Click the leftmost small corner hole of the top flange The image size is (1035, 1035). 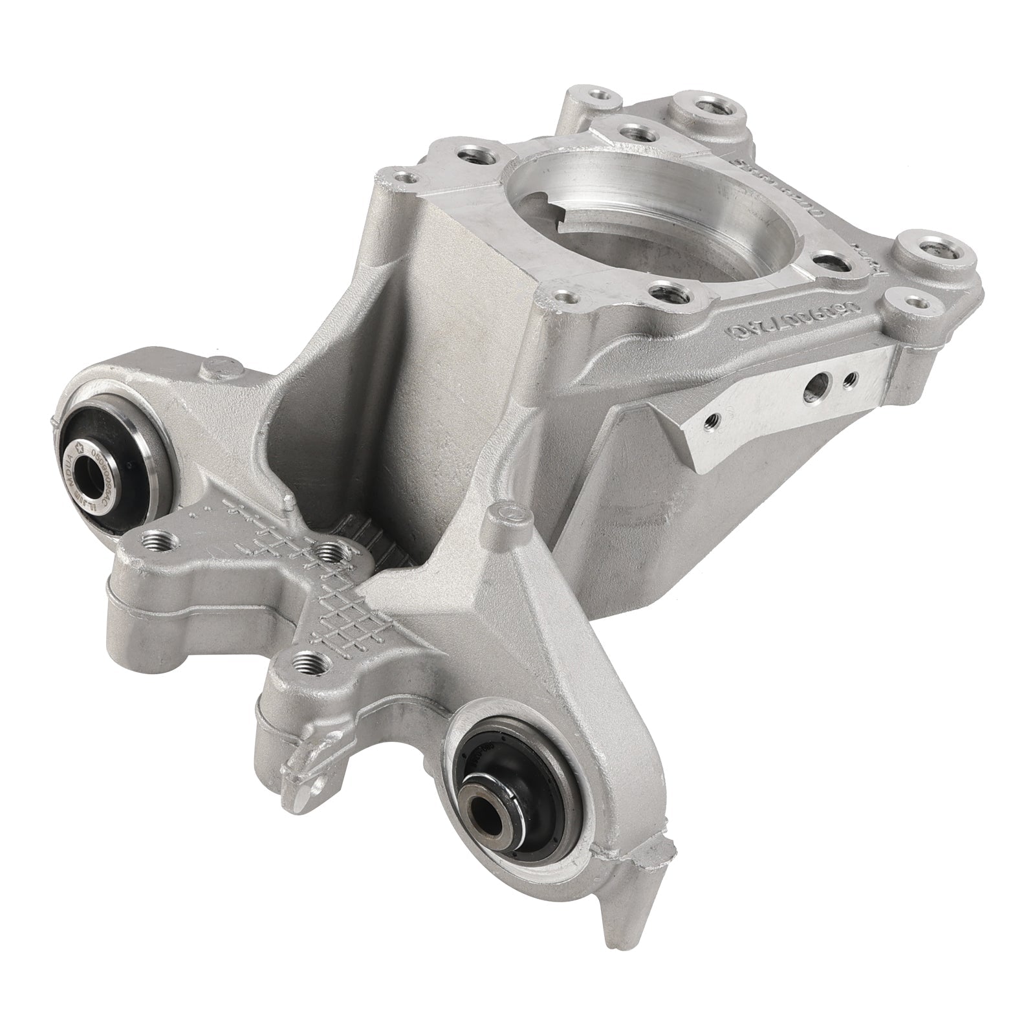pyautogui.click(x=404, y=175)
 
